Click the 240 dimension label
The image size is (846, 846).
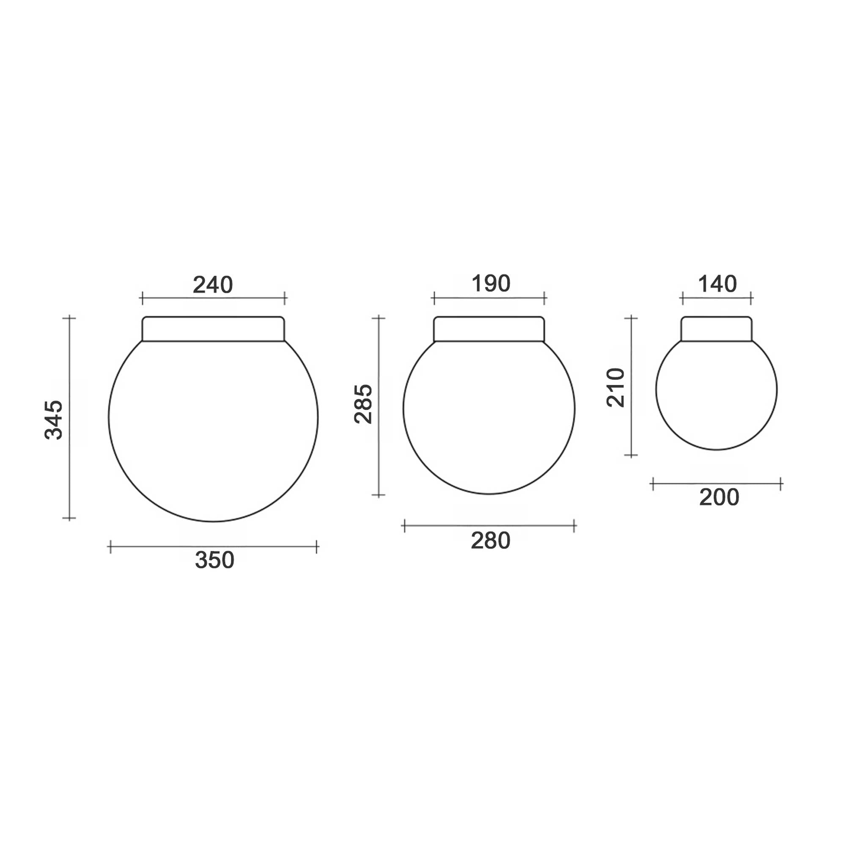[213, 285]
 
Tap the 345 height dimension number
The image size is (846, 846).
[54, 420]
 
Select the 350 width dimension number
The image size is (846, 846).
[214, 560]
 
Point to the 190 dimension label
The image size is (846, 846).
[491, 283]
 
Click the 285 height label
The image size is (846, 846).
[363, 404]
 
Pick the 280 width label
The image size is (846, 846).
[490, 541]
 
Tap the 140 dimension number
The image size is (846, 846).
[717, 284]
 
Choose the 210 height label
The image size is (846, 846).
[615, 387]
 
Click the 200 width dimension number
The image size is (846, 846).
[719, 497]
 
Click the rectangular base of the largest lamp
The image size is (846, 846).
[213, 328]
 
